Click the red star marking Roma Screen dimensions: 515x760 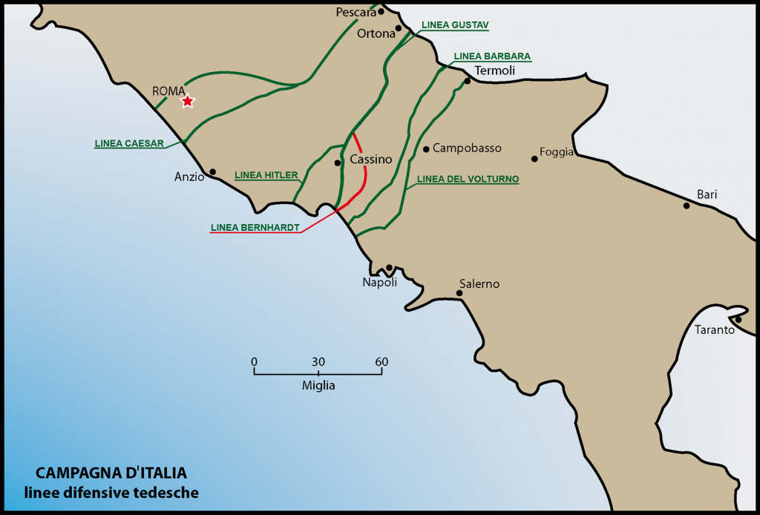[x=188, y=101]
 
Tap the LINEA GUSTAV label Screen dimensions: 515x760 [x=455, y=24]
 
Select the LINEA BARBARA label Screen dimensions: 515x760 [x=492, y=56]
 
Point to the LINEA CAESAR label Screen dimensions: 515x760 [x=129, y=144]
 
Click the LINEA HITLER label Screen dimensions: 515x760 [x=266, y=176]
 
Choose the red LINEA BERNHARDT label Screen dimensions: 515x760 [x=255, y=228]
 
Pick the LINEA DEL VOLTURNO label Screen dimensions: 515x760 [x=468, y=180]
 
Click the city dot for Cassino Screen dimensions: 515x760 [x=338, y=163]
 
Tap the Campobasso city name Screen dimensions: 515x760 [x=467, y=148]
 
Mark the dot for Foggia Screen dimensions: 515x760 [x=534, y=158]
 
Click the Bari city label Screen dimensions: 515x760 [x=707, y=194]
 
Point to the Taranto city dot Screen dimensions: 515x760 [x=738, y=320]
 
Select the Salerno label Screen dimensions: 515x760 [x=479, y=283]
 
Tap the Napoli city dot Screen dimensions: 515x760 [x=389, y=268]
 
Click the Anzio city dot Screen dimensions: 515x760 [x=213, y=171]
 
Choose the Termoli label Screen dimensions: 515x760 [x=495, y=70]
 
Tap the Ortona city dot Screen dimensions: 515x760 [x=399, y=28]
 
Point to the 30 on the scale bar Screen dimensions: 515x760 [x=318, y=361]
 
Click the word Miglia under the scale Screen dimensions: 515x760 [x=318, y=386]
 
